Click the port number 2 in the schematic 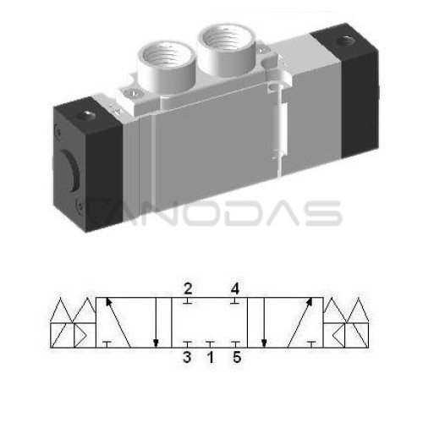click(188, 288)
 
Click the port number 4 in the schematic click(235, 288)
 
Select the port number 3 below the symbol click(187, 357)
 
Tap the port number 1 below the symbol click(211, 357)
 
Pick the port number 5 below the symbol click(237, 357)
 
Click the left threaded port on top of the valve click(167, 68)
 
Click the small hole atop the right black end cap click(346, 41)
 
